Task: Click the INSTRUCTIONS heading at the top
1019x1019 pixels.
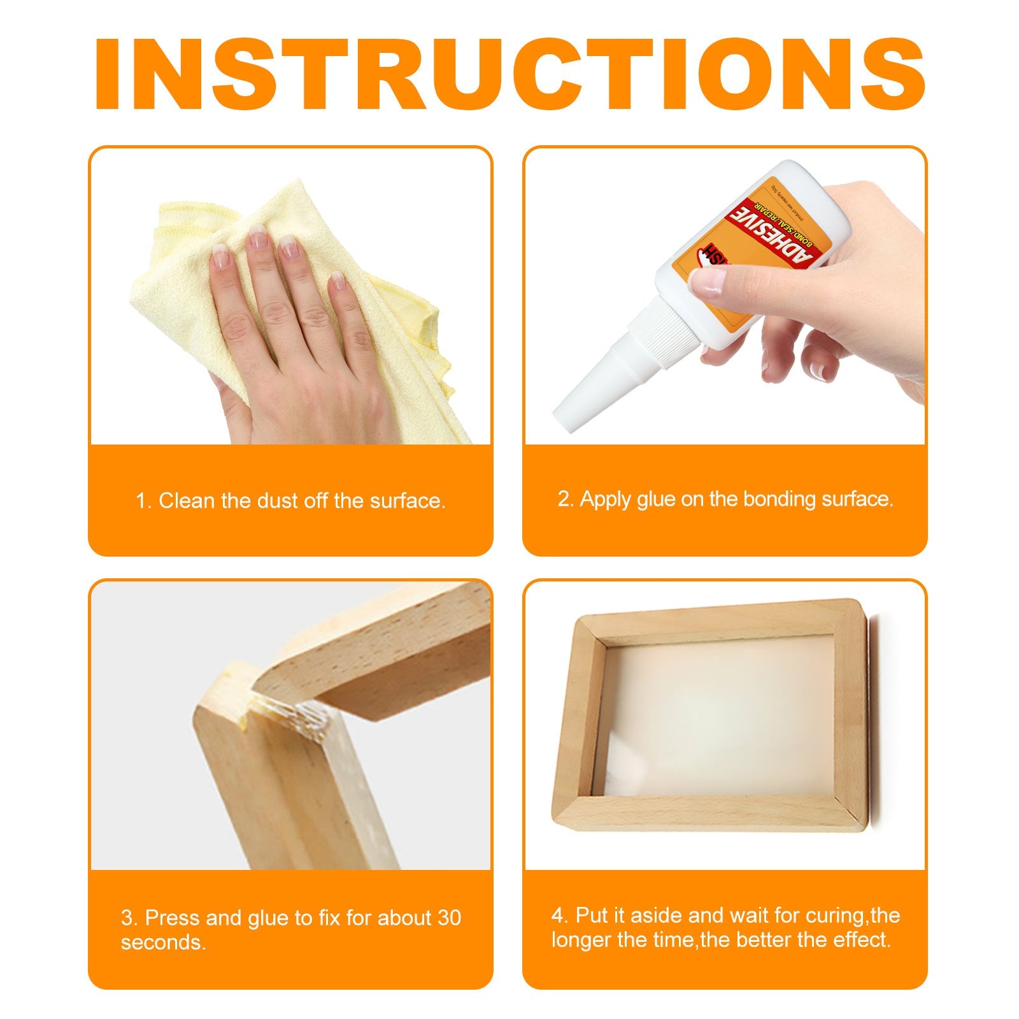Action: coord(509,75)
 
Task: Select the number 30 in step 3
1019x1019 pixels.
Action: coord(449,918)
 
